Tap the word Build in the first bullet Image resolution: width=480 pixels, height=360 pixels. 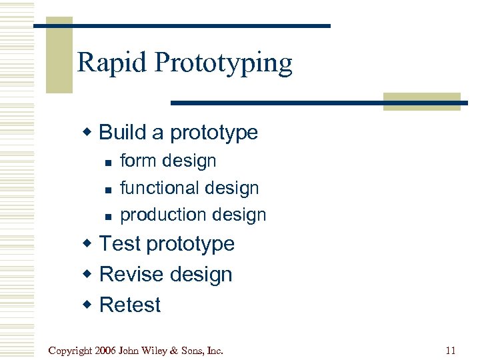coord(122,132)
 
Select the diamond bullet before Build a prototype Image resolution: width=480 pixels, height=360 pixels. coord(88,132)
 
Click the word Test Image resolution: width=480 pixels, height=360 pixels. coord(120,244)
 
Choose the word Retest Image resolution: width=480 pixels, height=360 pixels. coord(130,305)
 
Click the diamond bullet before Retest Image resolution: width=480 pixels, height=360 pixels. coord(88,305)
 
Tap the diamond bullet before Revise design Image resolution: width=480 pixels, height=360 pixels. coord(88,274)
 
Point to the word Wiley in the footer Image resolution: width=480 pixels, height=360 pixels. coord(157,350)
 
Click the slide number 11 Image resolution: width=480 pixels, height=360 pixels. coord(451,350)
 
